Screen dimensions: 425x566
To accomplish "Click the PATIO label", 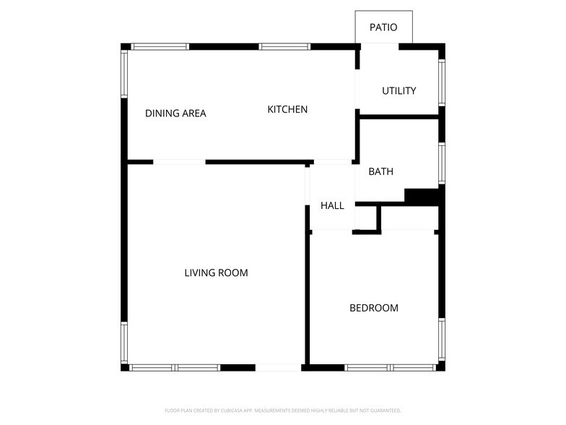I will click(x=383, y=27).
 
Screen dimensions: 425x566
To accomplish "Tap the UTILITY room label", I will click(x=399, y=91).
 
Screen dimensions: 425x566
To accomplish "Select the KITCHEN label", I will click(x=287, y=109).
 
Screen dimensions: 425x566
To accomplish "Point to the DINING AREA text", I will click(x=175, y=113).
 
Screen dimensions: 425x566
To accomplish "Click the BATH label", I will click(x=380, y=172).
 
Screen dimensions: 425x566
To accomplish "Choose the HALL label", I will click(x=332, y=206).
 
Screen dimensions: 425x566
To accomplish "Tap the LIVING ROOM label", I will click(x=216, y=273).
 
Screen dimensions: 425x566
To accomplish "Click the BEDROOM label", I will click(x=373, y=308).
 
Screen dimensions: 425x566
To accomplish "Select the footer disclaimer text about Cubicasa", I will click(x=283, y=410).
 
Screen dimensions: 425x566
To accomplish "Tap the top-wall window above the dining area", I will click(x=160, y=47).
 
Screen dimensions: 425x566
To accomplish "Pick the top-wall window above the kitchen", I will click(x=284, y=47).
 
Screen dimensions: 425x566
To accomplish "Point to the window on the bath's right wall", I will click(x=442, y=163).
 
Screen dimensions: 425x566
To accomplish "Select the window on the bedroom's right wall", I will click(x=442, y=340).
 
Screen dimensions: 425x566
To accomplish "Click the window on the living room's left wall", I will click(x=124, y=343).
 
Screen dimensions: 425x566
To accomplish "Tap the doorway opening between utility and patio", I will click(x=379, y=46).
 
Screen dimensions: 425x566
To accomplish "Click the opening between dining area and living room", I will click(x=179, y=162).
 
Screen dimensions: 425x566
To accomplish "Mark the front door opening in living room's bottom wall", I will click(x=278, y=368).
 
